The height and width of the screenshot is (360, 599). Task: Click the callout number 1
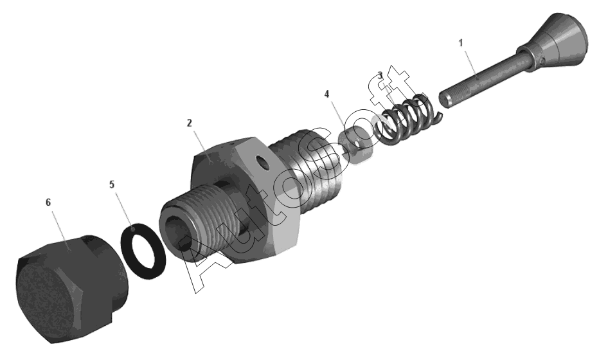[x=461, y=43]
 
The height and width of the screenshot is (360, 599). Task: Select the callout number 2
[x=190, y=123]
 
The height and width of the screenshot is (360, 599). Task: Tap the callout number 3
[x=380, y=76]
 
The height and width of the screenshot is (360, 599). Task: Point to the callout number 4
[x=326, y=94]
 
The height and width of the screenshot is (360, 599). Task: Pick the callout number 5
[x=112, y=184]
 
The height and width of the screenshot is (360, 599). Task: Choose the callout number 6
[x=48, y=203]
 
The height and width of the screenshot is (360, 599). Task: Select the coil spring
[x=405, y=118]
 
